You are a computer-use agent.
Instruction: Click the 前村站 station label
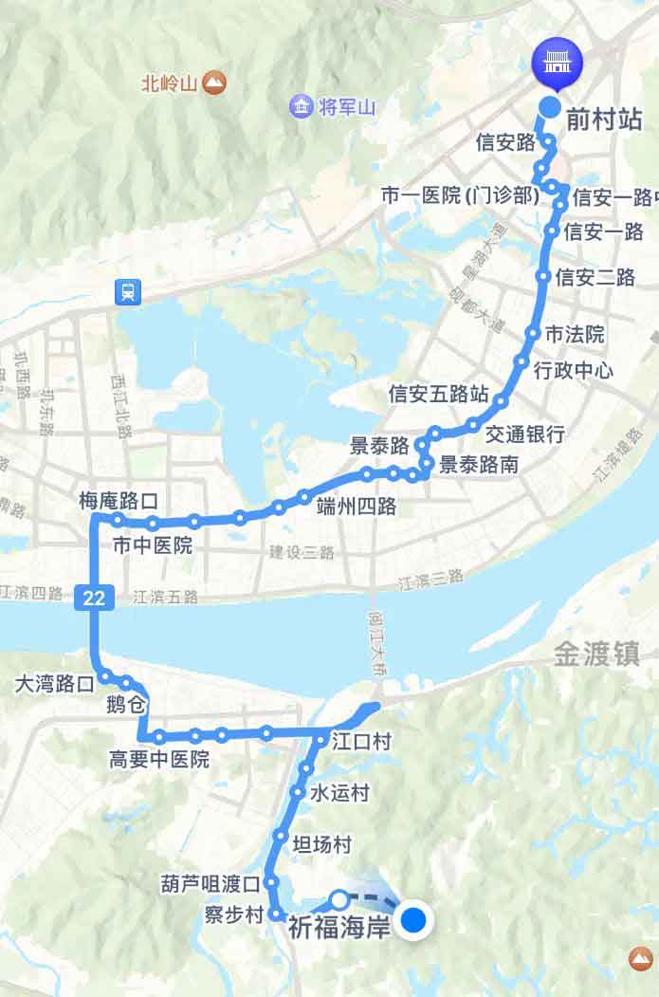604,120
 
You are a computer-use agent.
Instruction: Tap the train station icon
126,292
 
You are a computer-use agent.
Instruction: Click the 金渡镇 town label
596,654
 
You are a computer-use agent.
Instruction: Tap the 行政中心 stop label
574,369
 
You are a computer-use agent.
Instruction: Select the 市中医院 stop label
152,545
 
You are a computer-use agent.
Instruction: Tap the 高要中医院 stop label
158,760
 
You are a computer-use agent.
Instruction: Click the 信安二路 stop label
595,277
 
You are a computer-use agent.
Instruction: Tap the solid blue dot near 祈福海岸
414,920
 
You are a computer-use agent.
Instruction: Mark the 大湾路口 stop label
55,682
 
